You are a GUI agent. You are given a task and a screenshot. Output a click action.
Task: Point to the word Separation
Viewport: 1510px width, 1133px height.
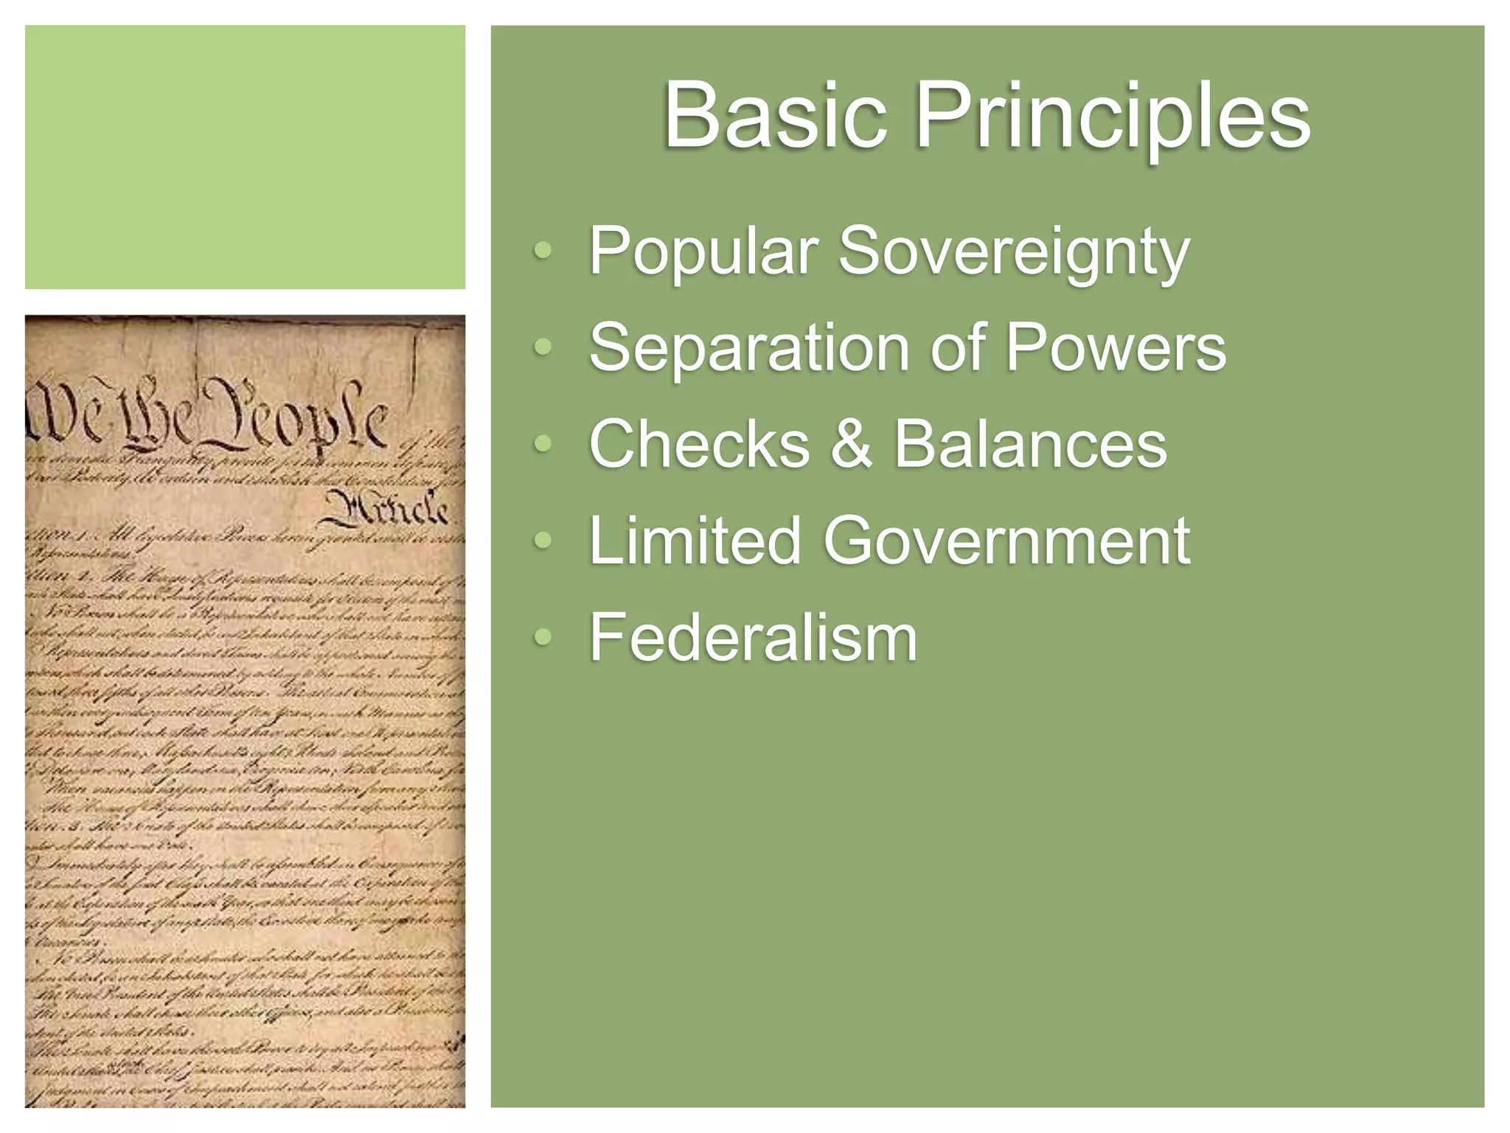tap(749, 348)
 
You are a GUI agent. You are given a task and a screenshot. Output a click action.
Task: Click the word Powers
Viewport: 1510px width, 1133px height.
tap(1116, 347)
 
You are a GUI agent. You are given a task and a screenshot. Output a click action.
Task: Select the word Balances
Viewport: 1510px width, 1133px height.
tap(1031, 444)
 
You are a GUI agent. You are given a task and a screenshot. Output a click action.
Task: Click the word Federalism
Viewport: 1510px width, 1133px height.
tap(753, 637)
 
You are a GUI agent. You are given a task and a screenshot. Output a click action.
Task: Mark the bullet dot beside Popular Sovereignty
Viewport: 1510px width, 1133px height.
tap(543, 251)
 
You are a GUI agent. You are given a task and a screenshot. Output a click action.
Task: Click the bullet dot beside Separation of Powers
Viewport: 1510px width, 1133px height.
tap(543, 347)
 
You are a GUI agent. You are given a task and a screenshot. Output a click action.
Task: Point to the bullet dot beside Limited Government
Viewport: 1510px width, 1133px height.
tap(543, 541)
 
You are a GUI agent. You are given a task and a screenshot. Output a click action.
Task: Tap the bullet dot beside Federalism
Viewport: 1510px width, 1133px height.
tap(543, 637)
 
